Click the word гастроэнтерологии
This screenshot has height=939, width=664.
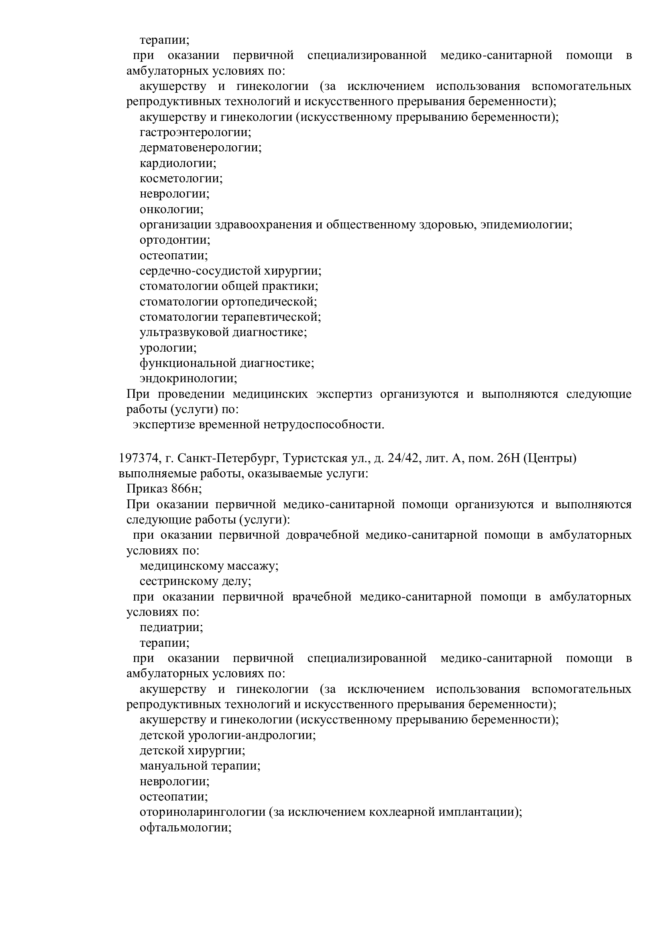tap(195, 132)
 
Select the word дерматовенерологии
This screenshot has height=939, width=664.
tap(200, 148)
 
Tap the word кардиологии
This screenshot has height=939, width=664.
tap(177, 163)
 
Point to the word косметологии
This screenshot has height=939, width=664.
tap(181, 179)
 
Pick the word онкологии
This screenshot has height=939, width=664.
tap(171, 210)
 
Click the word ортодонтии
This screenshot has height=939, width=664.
tap(175, 240)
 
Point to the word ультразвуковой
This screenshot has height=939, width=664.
tap(183, 332)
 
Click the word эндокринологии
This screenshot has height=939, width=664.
tap(188, 378)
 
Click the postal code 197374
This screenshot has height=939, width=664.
tap(138, 458)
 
